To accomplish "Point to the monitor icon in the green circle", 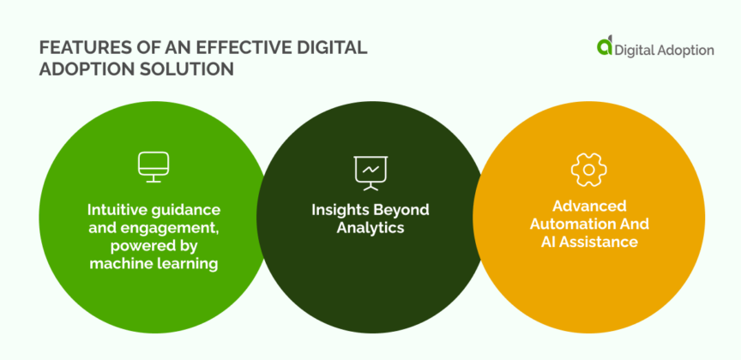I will pyautogui.click(x=154, y=167).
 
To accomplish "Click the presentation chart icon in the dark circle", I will pyautogui.click(x=370, y=172).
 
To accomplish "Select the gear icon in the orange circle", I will pyautogui.click(x=588, y=170).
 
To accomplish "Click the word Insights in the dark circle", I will pyautogui.click(x=340, y=210).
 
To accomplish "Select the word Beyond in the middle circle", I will pyautogui.click(x=400, y=210).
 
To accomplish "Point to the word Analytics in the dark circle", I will pyautogui.click(x=370, y=228).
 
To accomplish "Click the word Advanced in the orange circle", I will pyautogui.click(x=588, y=206).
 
